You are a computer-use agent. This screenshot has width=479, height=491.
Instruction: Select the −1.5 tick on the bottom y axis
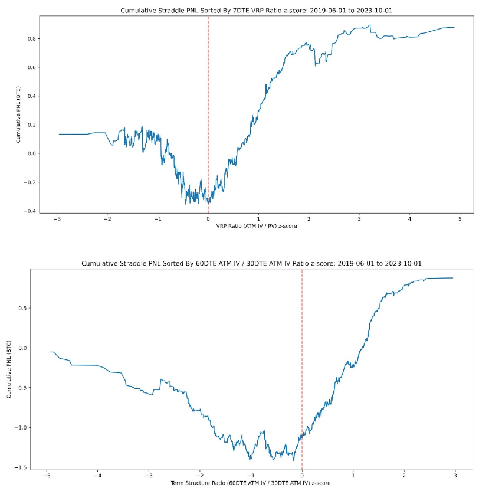click(27, 467)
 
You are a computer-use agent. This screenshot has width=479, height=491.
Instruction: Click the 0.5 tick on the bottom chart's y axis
click(28, 308)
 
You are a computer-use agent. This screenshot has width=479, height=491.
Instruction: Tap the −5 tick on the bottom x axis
click(45, 476)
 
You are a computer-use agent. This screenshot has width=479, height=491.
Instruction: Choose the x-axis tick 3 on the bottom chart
click(455, 476)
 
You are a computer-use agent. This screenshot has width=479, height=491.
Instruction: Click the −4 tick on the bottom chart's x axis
click(97, 476)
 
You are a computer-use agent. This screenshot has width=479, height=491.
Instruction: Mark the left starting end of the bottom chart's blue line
click(51, 352)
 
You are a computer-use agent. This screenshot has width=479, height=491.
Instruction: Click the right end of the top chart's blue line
click(454, 27)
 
